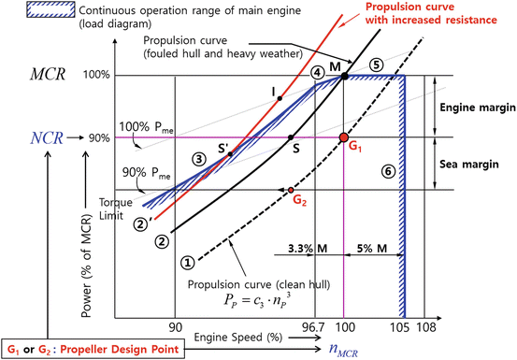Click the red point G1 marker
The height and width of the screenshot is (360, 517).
tap(344, 138)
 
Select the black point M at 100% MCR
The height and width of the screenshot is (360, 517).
tap(345, 76)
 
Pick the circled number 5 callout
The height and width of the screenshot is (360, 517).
tap(377, 65)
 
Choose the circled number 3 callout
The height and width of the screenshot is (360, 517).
tap(198, 158)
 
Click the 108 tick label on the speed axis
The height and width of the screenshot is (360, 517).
tap(426, 327)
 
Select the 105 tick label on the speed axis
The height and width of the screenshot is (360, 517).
tap(402, 327)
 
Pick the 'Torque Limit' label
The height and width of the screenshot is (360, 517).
tap(118, 207)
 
